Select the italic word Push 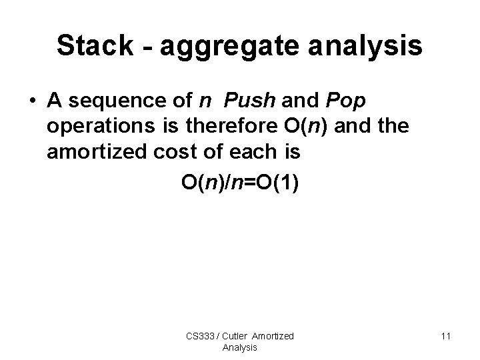(x=250, y=101)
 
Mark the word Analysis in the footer (x=240, y=347)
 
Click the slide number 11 (x=445, y=337)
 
